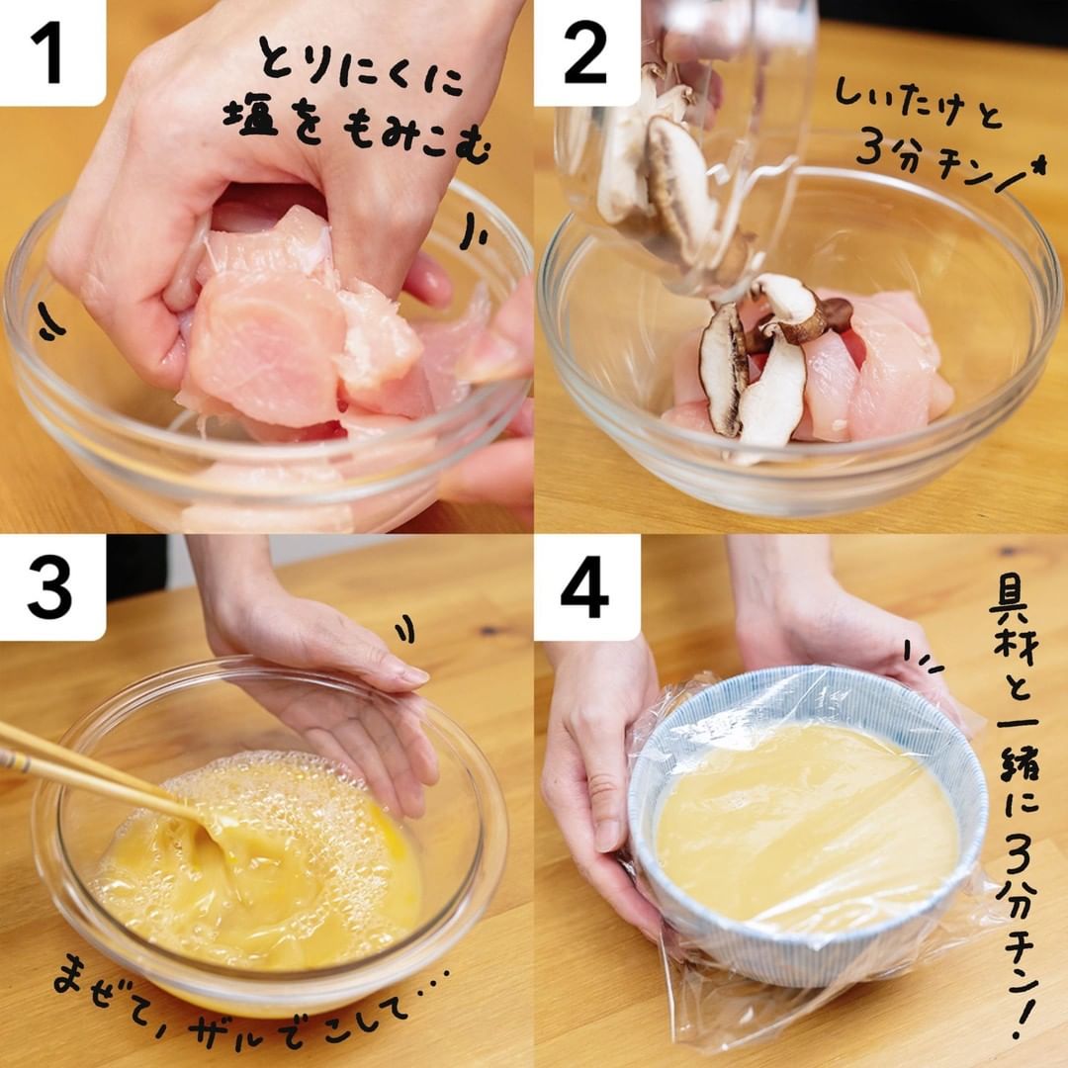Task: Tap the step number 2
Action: click(585, 53)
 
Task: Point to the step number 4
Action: click(584, 587)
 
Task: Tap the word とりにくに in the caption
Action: click(361, 70)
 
